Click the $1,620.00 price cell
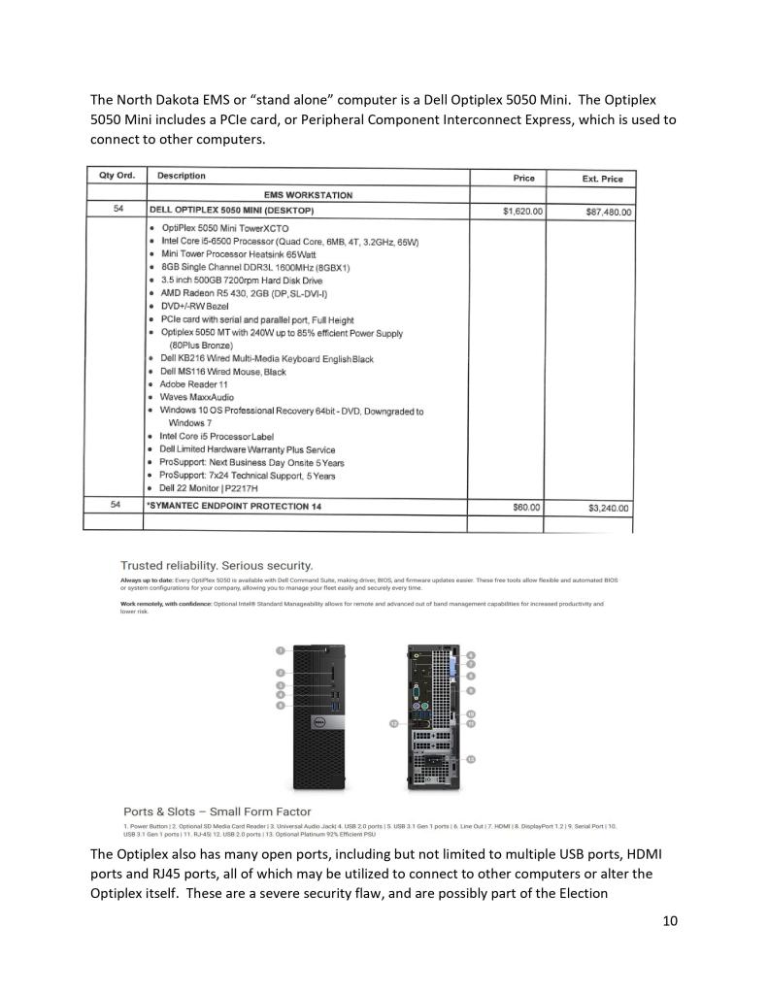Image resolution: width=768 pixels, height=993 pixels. click(522, 211)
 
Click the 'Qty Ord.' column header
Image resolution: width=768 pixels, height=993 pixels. click(116, 176)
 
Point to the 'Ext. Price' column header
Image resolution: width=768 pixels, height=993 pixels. click(602, 179)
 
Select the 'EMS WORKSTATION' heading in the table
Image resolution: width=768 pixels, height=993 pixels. click(308, 195)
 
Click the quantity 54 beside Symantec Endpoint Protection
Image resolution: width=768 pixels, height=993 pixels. click(117, 506)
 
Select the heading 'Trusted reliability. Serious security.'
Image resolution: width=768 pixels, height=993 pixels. click(216, 565)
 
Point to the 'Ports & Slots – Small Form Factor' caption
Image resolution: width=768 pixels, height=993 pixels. click(217, 811)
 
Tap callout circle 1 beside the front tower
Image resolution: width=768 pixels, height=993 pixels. click(280, 650)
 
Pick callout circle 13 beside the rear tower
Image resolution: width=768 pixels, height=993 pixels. click(471, 758)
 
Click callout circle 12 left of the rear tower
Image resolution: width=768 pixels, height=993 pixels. click(393, 723)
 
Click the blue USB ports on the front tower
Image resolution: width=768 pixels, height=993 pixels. click(334, 700)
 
